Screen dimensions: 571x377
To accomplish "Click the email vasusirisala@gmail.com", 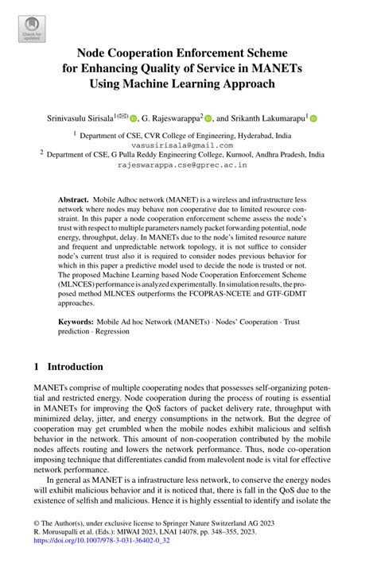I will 188,145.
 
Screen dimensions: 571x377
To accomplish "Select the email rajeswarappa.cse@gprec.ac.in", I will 188,166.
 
